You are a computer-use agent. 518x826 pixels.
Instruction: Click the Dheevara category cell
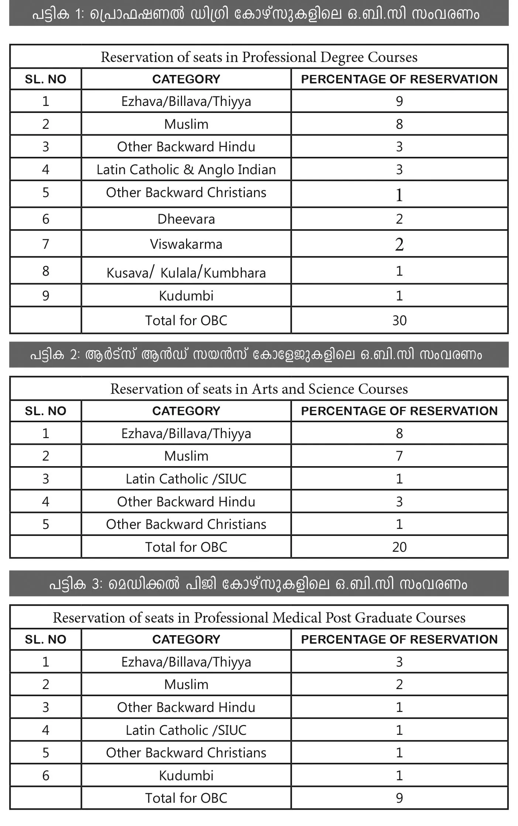coord(186,219)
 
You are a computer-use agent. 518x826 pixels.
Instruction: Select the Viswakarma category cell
coord(186,244)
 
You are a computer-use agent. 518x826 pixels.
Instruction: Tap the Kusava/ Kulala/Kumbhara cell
coord(186,272)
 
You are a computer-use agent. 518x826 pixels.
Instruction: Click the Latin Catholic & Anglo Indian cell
coord(186,170)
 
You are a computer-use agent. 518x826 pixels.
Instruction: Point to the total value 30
coord(399,320)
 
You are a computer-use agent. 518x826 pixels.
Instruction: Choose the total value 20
coord(399,547)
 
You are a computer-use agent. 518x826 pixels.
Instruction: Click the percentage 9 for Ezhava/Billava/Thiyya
coord(399,101)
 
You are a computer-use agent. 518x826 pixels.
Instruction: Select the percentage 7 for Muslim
coord(399,456)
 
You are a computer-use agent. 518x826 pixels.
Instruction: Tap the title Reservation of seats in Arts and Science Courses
coord(259,389)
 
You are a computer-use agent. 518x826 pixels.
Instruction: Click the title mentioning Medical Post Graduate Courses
coord(259,618)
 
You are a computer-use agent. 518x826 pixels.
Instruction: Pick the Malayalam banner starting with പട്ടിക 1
coord(259,14)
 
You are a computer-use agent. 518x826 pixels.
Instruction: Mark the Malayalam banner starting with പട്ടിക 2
coord(259,355)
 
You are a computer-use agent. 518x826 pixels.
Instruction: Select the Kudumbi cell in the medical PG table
coord(186,776)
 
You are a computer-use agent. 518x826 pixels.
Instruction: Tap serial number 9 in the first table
coord(45,296)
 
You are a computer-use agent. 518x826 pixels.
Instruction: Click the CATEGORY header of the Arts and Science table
coord(186,411)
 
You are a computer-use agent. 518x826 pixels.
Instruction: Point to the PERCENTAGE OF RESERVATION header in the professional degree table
coord(399,79)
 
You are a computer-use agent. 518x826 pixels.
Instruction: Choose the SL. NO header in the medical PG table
coord(45,640)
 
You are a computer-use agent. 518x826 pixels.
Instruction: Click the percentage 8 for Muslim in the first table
coord(399,124)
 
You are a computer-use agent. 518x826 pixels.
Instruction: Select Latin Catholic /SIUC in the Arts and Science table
coord(186,479)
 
